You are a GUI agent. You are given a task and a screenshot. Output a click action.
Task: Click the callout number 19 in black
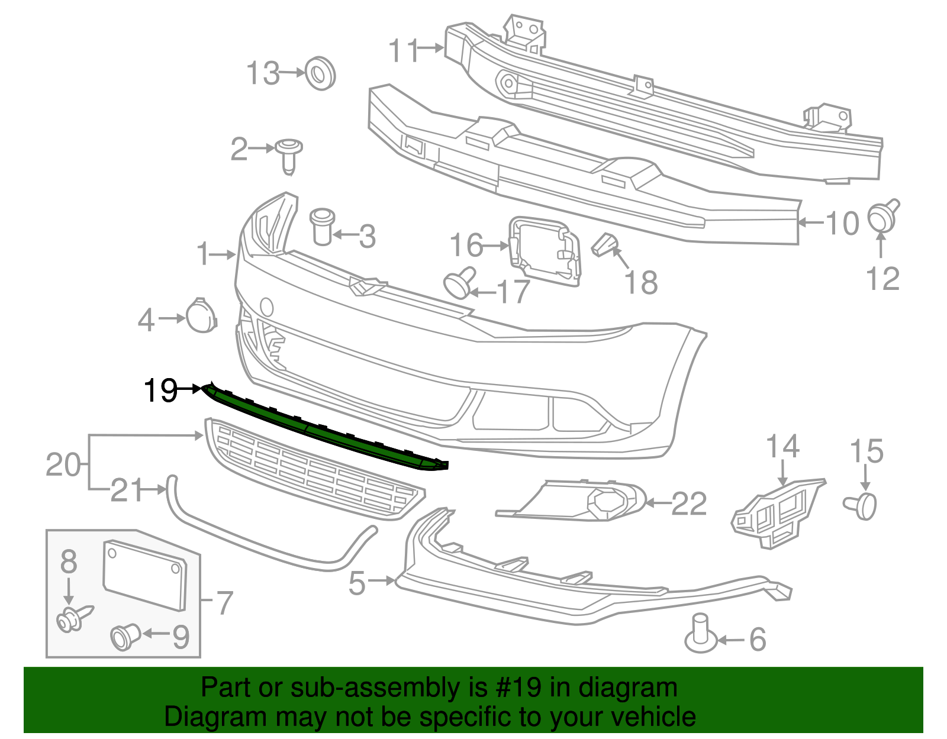(160, 391)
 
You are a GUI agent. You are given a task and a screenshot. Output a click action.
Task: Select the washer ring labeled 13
(320, 73)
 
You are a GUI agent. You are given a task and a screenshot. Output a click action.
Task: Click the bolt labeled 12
(883, 216)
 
